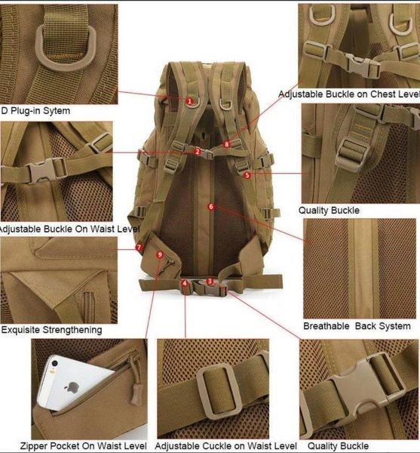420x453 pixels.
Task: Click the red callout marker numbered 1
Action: [x=189, y=101]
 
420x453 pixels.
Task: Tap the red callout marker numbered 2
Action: [x=198, y=152]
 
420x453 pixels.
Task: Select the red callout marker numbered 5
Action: [x=247, y=175]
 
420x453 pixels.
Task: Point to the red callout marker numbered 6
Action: [x=211, y=207]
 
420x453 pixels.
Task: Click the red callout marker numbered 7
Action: [x=139, y=248]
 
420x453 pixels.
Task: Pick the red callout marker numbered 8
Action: [x=227, y=144]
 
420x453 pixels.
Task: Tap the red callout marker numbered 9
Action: [x=160, y=255]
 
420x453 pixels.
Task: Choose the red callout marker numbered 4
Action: [x=185, y=283]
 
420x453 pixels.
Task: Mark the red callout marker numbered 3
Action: [x=210, y=282]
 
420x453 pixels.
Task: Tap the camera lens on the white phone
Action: [x=54, y=364]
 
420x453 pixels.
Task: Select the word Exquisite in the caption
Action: [x=20, y=330]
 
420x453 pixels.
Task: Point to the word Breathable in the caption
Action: [x=326, y=326]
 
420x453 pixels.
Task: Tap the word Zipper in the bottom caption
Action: [x=32, y=445]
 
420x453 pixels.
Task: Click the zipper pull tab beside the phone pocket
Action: [x=136, y=393]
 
